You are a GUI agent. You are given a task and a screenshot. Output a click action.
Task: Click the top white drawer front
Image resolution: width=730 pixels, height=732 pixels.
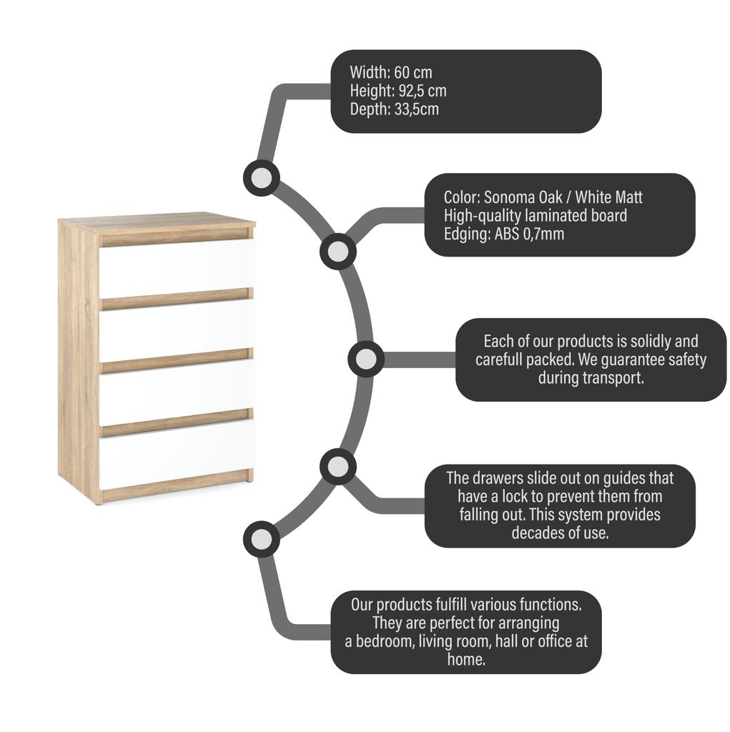click(x=177, y=269)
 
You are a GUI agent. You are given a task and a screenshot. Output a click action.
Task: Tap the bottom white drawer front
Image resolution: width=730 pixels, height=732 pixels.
click(x=177, y=454)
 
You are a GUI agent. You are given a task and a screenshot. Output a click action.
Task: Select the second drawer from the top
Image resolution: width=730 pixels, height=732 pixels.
click(x=177, y=330)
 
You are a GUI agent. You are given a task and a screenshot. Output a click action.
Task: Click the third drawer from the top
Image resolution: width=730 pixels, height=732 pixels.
click(x=177, y=392)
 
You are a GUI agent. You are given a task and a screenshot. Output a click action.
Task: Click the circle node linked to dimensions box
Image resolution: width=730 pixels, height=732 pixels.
click(x=262, y=178)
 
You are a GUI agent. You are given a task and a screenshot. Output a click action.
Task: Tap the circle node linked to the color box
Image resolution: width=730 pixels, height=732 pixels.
click(x=338, y=252)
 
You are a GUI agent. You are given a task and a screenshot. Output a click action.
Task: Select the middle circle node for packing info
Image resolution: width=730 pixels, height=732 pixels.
click(x=366, y=359)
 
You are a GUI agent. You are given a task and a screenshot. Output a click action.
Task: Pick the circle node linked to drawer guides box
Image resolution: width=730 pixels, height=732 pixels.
click(x=338, y=466)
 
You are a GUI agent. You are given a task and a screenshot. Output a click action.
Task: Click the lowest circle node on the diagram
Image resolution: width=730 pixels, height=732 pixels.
click(x=262, y=540)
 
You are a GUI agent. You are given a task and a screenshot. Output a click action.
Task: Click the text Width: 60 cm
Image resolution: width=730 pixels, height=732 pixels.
click(x=391, y=72)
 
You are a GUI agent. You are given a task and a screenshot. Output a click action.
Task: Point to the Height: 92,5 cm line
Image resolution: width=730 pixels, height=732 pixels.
click(x=398, y=91)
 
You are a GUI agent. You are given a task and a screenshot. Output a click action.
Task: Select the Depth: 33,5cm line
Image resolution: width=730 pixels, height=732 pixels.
click(x=395, y=109)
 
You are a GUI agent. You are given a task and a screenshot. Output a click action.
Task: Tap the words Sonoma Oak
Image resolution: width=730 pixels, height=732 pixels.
click(x=523, y=197)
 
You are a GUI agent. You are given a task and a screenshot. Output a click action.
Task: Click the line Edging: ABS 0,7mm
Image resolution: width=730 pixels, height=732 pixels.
click(x=504, y=234)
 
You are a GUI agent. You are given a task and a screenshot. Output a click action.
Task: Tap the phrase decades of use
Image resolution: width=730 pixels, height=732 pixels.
click(x=560, y=533)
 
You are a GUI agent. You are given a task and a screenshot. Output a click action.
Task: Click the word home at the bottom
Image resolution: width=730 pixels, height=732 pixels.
click(x=466, y=659)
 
